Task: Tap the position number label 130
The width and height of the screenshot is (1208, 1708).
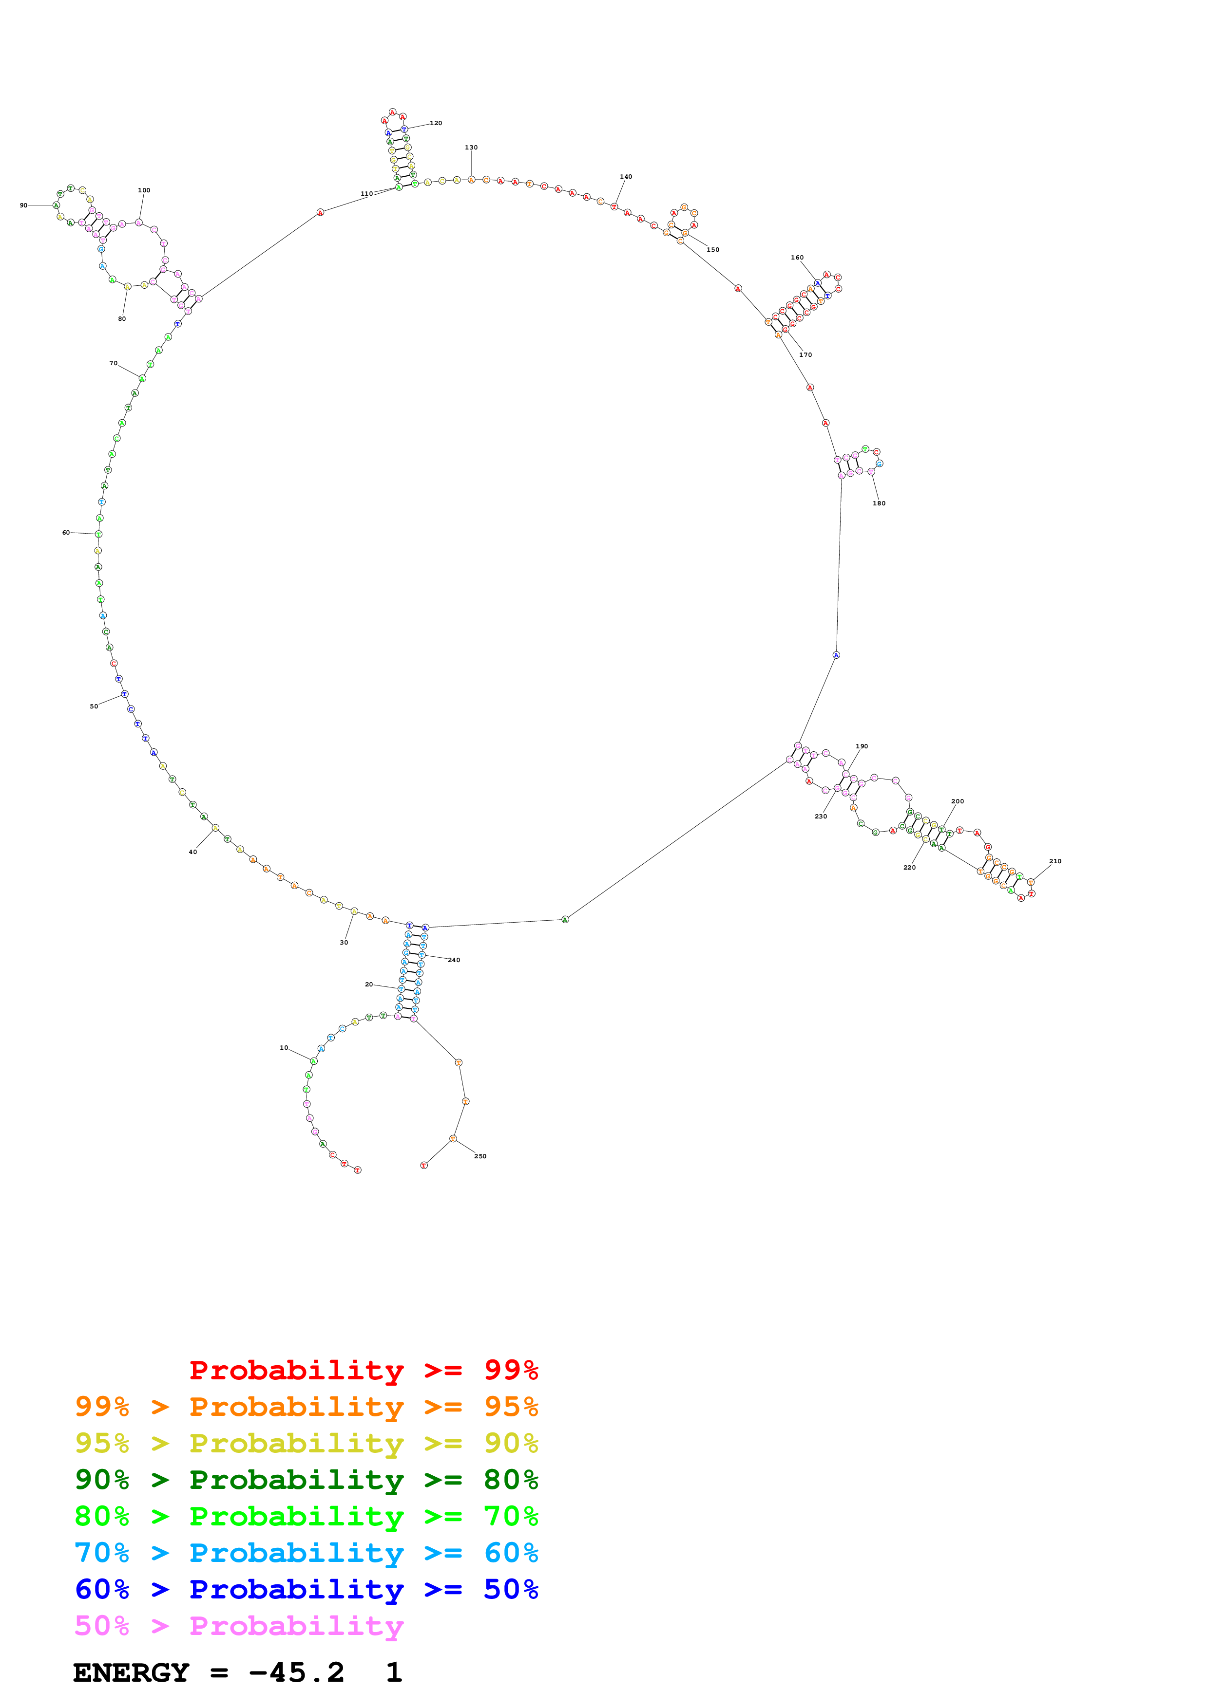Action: point(471,148)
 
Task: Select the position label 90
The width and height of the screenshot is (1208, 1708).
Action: point(24,205)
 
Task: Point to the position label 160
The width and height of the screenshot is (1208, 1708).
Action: point(797,258)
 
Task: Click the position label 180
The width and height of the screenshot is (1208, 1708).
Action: point(879,503)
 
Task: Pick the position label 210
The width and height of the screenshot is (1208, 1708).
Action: point(1055,861)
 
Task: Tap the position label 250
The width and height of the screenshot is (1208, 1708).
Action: point(480,1156)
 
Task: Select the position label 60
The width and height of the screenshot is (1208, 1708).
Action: point(66,533)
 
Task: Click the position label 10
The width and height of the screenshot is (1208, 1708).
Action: point(284,1047)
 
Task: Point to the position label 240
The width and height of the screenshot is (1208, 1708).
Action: point(454,960)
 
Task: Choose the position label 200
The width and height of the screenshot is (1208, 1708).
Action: point(958,801)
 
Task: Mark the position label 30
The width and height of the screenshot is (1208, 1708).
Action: point(344,943)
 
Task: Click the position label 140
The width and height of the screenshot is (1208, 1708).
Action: point(626,177)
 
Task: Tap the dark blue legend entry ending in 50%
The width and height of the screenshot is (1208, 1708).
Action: point(307,1589)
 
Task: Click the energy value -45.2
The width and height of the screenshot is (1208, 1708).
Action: point(296,1673)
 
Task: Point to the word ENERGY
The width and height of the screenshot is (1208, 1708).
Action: point(131,1673)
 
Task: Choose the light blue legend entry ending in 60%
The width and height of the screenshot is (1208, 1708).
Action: point(307,1553)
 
